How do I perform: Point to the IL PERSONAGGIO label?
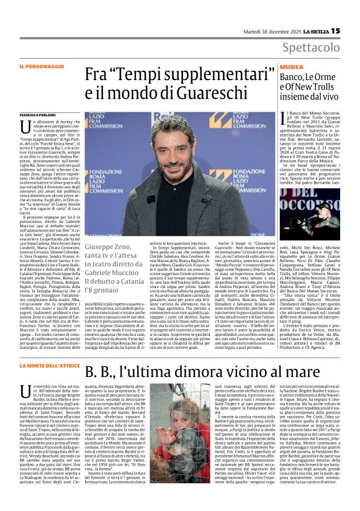pyautogui.click(x=40, y=66)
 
